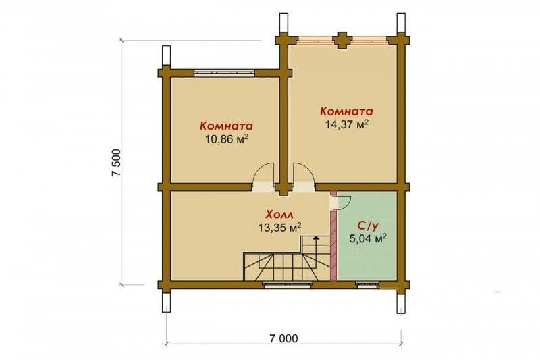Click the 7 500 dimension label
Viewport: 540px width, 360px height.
(117, 163)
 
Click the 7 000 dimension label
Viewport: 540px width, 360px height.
(283, 338)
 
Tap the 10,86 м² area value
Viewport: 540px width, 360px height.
(227, 139)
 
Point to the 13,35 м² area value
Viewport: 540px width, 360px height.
(279, 228)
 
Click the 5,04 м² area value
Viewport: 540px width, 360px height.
(368, 238)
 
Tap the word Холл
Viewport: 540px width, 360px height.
(279, 215)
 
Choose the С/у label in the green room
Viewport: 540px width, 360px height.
(368, 226)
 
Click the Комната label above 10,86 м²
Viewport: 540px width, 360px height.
(227, 126)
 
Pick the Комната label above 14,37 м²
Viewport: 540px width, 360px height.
(347, 111)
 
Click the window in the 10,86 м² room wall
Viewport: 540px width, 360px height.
(224, 73)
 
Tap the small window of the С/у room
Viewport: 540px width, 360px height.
(367, 284)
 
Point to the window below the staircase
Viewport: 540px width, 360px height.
(288, 284)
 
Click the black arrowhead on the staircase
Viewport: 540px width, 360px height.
(316, 237)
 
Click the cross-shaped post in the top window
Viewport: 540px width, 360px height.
(342, 41)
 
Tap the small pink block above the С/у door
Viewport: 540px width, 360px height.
(333, 193)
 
